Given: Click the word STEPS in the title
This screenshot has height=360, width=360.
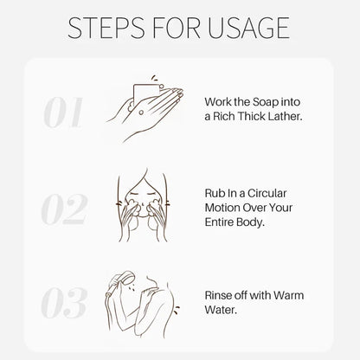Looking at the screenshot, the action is (106, 28).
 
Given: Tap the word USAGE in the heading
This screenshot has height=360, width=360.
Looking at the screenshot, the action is (248, 28).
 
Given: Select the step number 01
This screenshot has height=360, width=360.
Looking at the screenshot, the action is (63, 112).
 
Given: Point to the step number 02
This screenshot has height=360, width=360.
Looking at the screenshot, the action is (64, 209).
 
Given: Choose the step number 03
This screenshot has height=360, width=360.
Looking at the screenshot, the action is (64, 302).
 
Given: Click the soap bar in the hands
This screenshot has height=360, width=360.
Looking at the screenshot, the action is (145, 93).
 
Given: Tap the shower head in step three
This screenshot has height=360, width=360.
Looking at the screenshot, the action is (124, 280).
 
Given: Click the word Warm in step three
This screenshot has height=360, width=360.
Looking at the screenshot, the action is (288, 295).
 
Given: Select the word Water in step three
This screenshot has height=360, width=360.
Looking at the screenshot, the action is (221, 310).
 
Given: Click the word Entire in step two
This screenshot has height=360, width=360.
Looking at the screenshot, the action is (219, 222).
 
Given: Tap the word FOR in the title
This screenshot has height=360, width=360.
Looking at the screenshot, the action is (177, 28).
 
